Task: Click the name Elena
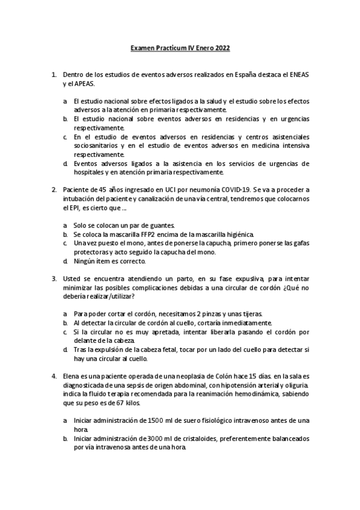tap(72, 375)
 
